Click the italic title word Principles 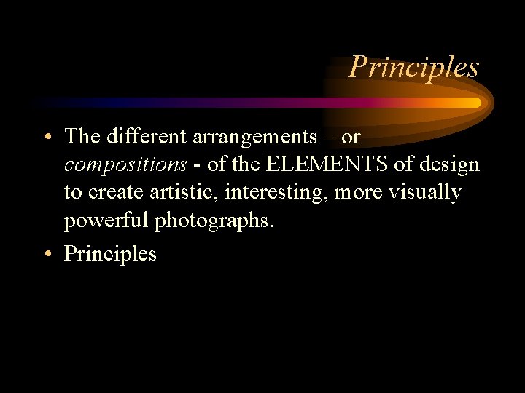coord(413,67)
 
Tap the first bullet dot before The coord(47,137)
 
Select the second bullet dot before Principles coord(47,254)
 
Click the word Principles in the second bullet coord(110,253)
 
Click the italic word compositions coord(125,165)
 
